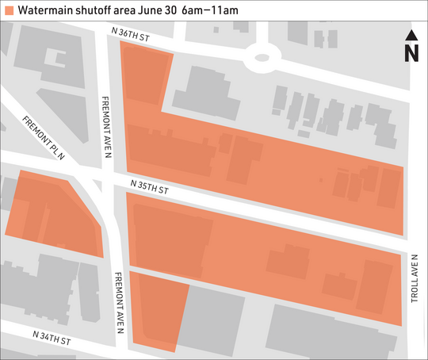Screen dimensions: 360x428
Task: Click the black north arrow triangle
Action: [x=411, y=35]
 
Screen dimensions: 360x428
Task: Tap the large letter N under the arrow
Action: [x=411, y=53]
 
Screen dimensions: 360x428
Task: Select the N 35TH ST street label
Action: [x=151, y=187]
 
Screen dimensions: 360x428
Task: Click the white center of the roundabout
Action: [x=262, y=57]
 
